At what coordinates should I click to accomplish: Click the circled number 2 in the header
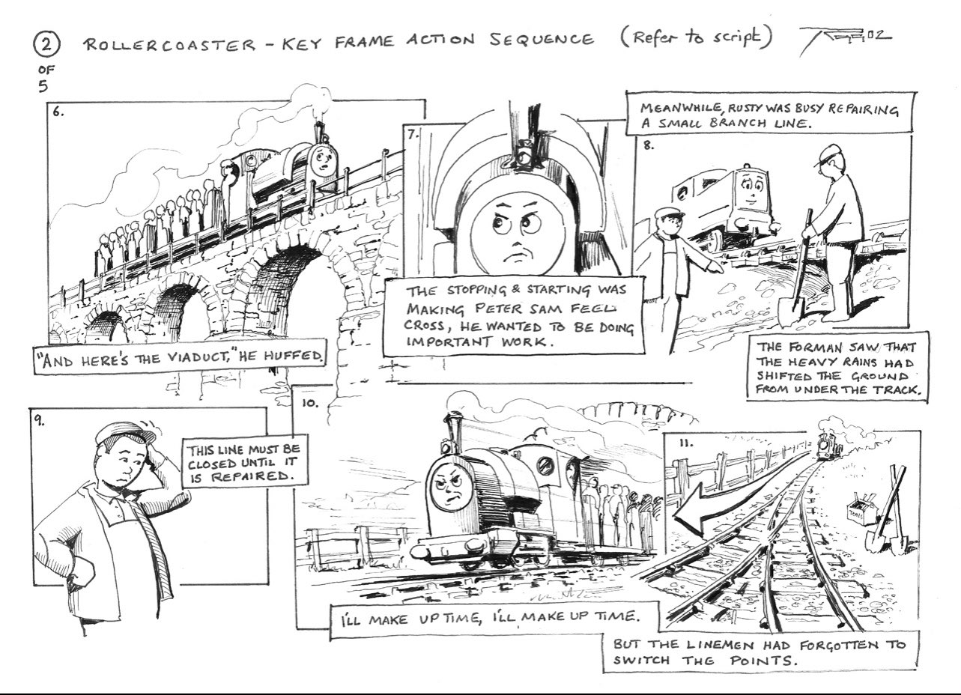(46, 45)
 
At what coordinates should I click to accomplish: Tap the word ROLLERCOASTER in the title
(169, 43)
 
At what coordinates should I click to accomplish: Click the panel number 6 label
(58, 112)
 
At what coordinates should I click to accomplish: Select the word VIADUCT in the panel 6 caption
(196, 358)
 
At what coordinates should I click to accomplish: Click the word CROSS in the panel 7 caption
(424, 325)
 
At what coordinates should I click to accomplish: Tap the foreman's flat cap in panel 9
(125, 431)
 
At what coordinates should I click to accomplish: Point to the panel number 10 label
(310, 402)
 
